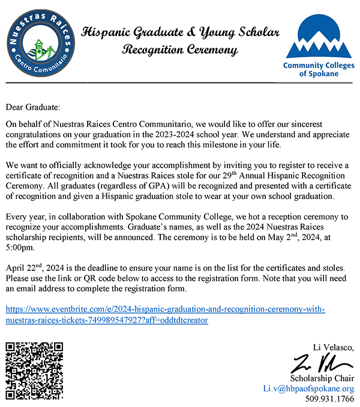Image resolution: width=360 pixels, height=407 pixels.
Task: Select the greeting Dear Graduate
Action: pos(33,107)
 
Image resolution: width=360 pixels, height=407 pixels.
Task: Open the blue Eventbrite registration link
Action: pos(165,315)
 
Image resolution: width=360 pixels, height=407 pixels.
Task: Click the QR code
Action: pos(34,371)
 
